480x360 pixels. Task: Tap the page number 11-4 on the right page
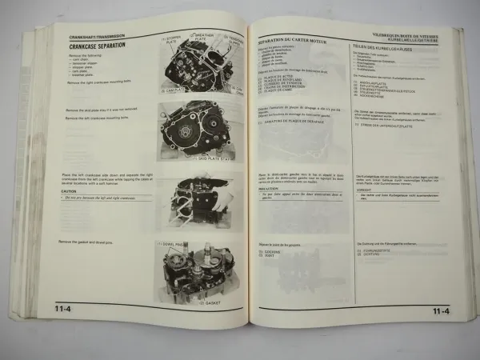440,311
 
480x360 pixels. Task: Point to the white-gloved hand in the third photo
220,194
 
